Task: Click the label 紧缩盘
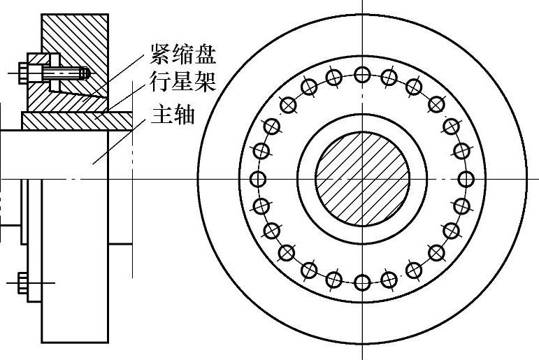pos(183,54)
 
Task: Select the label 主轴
pos(173,114)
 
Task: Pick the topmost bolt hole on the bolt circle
pos(362,74)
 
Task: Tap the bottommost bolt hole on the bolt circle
pos(362,282)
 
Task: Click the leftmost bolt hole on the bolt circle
pos(257,178)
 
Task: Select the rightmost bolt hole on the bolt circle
pos(466,178)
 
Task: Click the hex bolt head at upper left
pos(23,72)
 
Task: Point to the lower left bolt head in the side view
pos(23,282)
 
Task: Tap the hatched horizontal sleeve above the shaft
pos(77,121)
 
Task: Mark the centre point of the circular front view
pos(362,180)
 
